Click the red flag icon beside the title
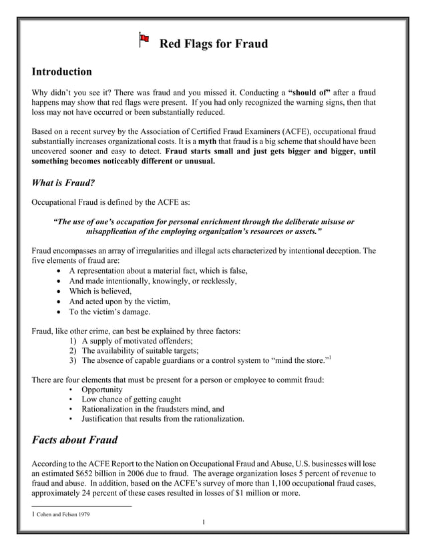click(x=143, y=40)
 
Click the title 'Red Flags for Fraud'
click(x=213, y=44)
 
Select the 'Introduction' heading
click(x=61, y=71)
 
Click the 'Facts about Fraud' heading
click(x=75, y=440)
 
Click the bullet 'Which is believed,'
click(x=100, y=291)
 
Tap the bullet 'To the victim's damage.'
click(x=110, y=311)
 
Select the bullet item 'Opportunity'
click(x=101, y=390)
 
